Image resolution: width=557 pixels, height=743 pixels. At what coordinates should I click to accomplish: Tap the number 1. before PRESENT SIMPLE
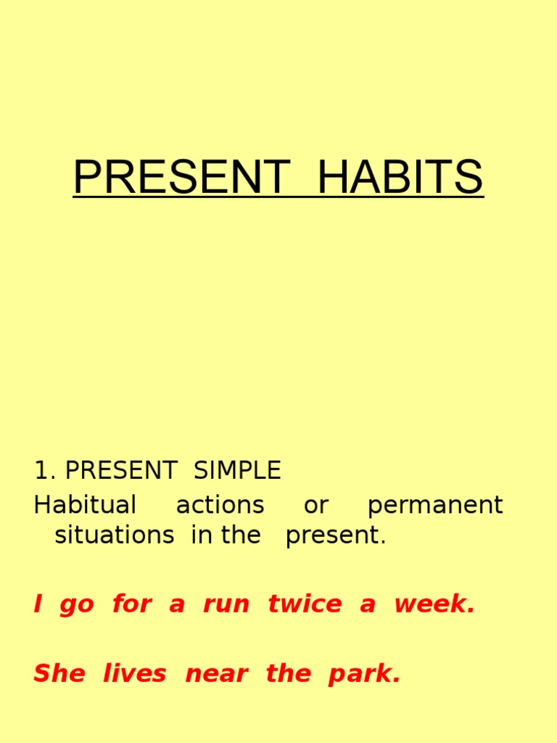(x=45, y=471)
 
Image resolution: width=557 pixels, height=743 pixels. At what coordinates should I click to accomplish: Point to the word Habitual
(x=85, y=505)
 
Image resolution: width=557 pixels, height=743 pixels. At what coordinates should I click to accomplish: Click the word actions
(x=220, y=505)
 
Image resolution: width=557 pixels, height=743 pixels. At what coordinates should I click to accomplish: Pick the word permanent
(x=435, y=505)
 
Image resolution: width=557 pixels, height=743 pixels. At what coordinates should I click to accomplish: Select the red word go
(x=77, y=605)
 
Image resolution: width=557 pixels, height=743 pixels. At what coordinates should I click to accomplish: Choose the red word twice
(x=305, y=604)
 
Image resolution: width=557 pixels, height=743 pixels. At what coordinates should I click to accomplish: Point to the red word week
(x=434, y=604)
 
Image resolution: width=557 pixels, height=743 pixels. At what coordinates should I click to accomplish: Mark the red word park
(x=363, y=675)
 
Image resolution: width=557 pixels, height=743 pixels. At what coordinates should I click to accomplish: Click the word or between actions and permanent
(x=315, y=505)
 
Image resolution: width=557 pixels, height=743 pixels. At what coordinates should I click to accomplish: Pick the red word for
(x=131, y=604)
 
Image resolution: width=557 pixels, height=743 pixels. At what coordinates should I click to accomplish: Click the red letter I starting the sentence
(x=38, y=604)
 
